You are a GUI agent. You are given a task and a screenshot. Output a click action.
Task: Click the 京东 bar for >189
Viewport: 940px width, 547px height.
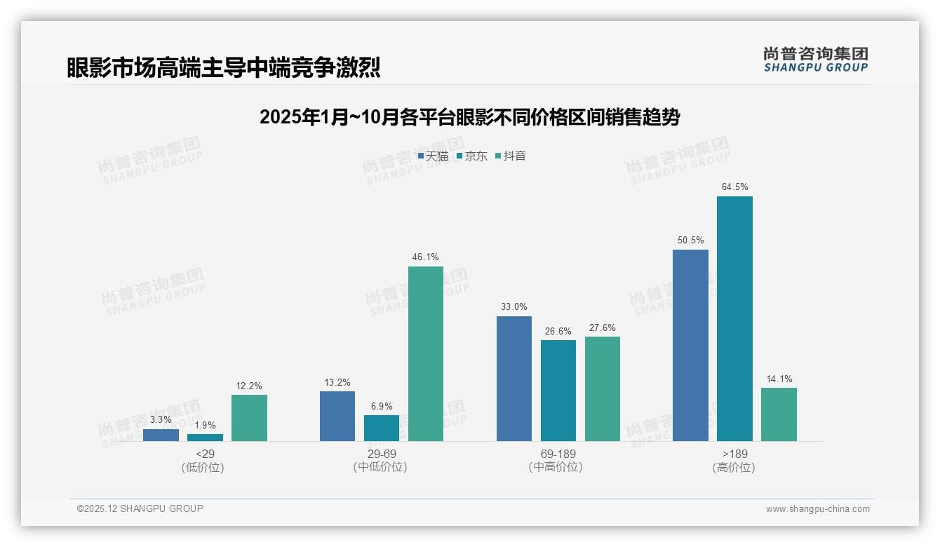pos(734,319)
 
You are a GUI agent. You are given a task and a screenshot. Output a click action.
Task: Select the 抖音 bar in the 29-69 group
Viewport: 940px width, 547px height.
pos(426,354)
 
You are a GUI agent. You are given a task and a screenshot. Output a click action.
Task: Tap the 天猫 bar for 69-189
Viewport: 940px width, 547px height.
pos(514,379)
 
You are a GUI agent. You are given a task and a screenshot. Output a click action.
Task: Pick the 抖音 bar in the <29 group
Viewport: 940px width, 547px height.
pos(249,418)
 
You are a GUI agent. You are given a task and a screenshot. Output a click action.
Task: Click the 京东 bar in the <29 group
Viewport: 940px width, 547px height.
pos(205,438)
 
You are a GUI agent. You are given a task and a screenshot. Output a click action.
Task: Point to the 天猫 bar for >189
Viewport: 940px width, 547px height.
pos(690,345)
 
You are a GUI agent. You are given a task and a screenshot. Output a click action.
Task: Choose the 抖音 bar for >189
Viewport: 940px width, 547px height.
pos(779,414)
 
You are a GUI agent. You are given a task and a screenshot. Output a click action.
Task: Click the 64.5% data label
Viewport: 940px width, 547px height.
pos(734,187)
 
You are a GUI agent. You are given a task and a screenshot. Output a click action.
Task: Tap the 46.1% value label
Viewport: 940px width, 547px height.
pos(426,257)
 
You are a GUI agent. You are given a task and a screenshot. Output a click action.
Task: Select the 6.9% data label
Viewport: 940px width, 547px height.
pos(382,406)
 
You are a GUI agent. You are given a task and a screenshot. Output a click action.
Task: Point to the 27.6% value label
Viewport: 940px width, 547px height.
pos(603,327)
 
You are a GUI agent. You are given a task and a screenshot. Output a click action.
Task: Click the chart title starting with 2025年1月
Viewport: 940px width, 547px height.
pos(469,117)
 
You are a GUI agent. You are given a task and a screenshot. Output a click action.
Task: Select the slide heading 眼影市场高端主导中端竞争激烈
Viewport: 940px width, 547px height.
pos(224,67)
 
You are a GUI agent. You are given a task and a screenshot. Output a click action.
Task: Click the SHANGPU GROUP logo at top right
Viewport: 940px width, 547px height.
pos(815,60)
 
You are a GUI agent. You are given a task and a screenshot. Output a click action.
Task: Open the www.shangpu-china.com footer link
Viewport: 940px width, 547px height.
pos(817,509)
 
